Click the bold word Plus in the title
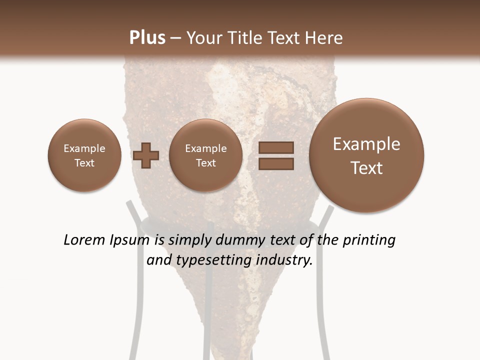click(147, 38)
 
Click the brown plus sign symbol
click(146, 155)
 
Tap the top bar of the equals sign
click(276, 147)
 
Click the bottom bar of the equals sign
click(276, 164)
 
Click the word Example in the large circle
click(366, 144)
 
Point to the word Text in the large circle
click(366, 168)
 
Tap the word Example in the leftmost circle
click(84, 148)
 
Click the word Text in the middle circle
click(205, 163)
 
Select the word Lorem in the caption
click(83, 240)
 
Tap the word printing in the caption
click(369, 240)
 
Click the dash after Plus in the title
click(175, 38)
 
